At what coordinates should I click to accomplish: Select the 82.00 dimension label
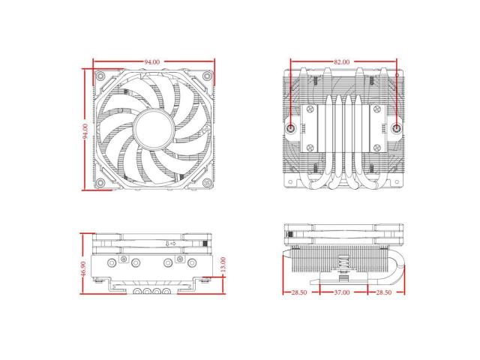342,61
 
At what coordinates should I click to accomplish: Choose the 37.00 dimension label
342,292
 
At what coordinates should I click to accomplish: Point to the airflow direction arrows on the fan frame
169,243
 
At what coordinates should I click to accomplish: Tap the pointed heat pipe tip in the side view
286,256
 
